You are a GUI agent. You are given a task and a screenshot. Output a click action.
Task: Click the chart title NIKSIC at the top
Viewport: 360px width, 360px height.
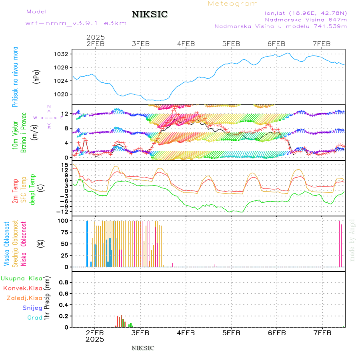coord(150,15)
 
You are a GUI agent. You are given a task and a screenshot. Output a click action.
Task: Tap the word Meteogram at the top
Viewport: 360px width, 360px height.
coord(233,4)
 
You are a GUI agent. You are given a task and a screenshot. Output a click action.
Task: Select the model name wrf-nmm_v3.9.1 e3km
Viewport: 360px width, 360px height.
coord(76,23)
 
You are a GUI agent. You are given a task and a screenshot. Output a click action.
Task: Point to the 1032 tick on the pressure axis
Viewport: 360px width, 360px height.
coord(64,54)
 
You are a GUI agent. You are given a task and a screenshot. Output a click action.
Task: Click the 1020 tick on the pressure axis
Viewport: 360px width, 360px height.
coord(64,94)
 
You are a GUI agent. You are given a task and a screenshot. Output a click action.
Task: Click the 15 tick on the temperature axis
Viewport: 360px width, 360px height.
coord(65,165)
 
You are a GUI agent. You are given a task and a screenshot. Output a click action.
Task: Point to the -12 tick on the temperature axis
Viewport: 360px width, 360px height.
coord(64,212)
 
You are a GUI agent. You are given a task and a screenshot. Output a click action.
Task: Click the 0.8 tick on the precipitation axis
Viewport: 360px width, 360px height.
coord(64,282)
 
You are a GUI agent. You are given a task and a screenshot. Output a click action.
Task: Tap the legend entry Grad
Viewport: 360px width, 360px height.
coord(35,318)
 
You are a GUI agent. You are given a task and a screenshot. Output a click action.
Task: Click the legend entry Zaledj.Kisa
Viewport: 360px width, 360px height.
coord(24,298)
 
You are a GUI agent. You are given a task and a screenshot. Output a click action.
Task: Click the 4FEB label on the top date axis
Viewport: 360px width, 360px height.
coord(186,44)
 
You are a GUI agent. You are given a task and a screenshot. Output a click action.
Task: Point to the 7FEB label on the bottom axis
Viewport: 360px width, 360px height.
coord(322,333)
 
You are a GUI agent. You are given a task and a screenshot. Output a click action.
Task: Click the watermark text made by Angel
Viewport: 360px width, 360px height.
coord(352,240)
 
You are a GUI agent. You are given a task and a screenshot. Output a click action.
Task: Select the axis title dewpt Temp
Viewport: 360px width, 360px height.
coord(32,189)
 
